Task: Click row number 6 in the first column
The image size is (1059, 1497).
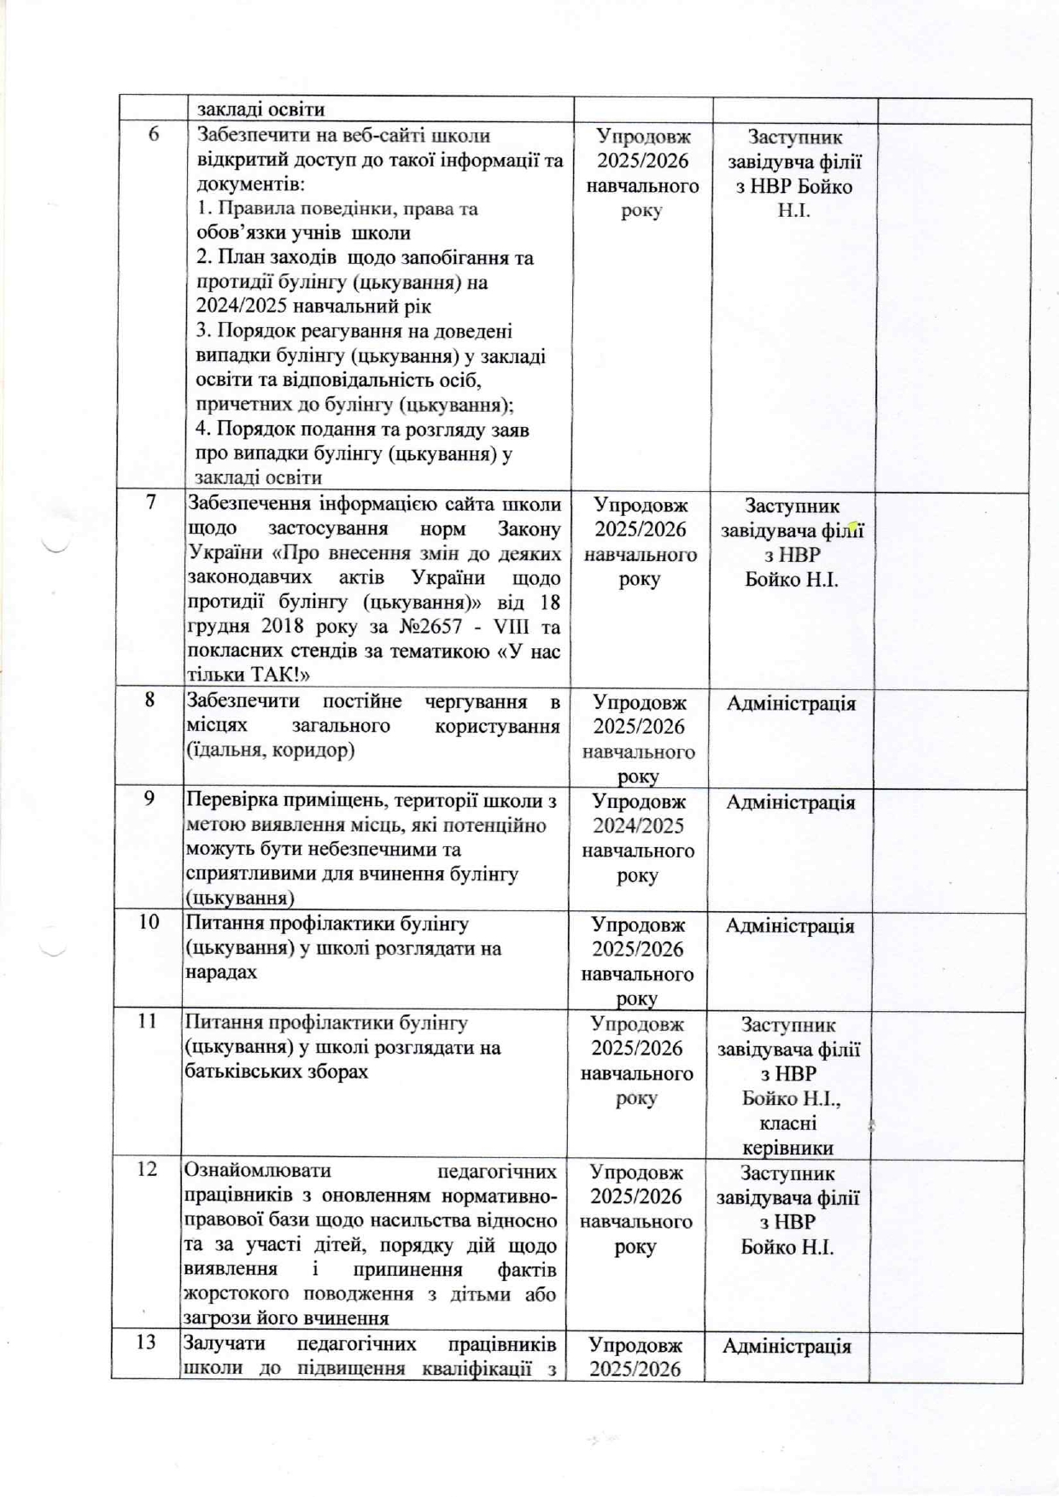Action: tap(154, 134)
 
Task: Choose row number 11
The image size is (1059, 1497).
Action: tap(148, 1020)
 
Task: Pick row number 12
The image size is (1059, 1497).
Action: tap(147, 1169)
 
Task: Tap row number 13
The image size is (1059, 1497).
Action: tap(146, 1342)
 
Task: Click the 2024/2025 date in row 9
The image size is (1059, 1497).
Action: tap(638, 826)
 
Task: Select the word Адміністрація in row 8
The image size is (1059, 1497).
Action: tap(791, 704)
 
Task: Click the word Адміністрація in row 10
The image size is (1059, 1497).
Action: tap(789, 926)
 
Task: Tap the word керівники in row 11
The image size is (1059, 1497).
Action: tap(788, 1149)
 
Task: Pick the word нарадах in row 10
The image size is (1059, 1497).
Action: tap(220, 973)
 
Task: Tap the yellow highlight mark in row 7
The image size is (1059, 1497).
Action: tap(852, 529)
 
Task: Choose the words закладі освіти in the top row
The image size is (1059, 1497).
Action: tap(261, 109)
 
